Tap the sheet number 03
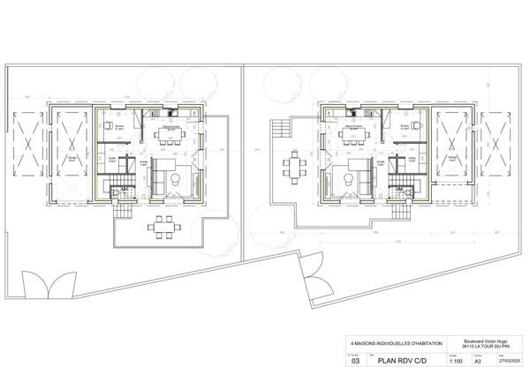[x=356, y=360]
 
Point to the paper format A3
[x=478, y=360]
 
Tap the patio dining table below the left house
[x=160, y=225]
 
